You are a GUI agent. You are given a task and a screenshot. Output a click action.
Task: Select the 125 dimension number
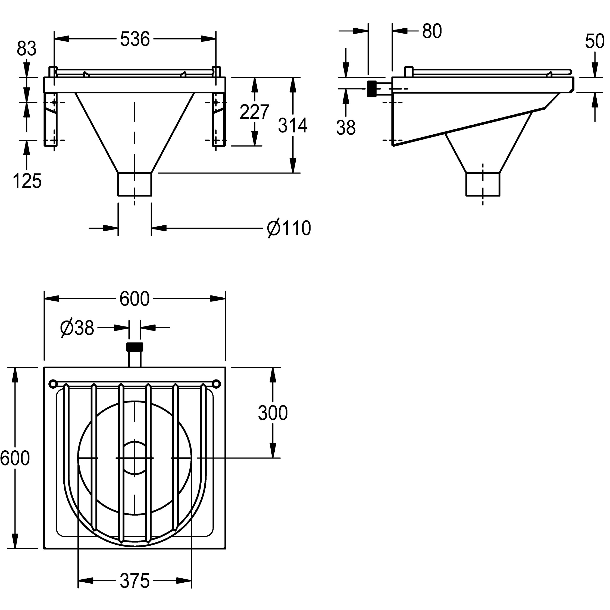tap(27, 181)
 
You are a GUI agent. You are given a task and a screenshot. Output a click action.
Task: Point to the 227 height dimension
tap(254, 112)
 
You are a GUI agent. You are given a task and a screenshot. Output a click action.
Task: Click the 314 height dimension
tap(293, 125)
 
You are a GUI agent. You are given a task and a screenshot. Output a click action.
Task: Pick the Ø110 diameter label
tap(289, 228)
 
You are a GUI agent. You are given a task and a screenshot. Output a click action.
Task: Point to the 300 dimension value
tap(273, 413)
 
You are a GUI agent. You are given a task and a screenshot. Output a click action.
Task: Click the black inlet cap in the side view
tap(372, 89)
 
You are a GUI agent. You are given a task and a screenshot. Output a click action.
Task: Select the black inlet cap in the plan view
tap(135, 347)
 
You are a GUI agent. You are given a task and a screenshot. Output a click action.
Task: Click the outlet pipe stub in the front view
tap(135, 184)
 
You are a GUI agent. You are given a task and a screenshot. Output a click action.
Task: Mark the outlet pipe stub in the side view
tap(483, 184)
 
